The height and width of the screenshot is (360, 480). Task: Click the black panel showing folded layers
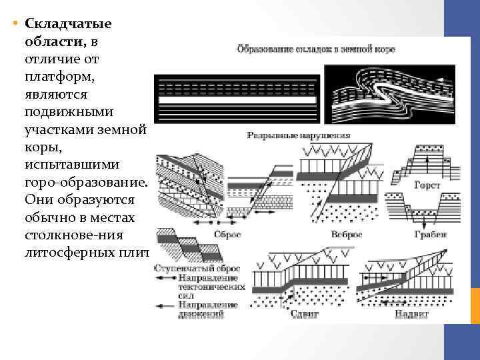point(390,93)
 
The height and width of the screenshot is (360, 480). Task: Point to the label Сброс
point(227,235)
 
